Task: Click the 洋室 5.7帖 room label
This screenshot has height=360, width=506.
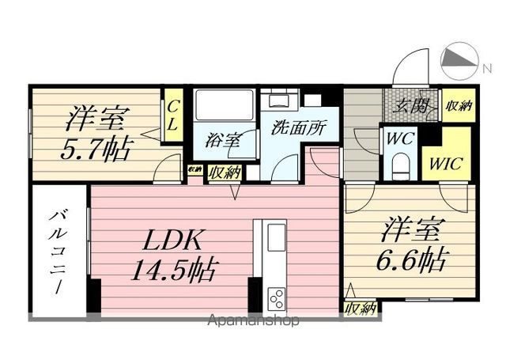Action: coord(96,133)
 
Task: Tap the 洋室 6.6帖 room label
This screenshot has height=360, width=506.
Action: coord(410,244)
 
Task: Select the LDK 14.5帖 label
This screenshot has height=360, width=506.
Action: coord(172,256)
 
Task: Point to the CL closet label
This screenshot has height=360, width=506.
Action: coord(173,115)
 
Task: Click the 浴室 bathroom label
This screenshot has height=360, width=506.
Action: coord(222,140)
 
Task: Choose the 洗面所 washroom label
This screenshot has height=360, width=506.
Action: coord(299,127)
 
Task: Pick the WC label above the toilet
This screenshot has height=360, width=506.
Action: coord(400,138)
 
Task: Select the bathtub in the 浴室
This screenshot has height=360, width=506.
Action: coord(225,104)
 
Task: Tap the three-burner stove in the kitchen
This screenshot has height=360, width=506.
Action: coord(277,298)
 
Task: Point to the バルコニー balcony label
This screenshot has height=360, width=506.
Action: coord(58,252)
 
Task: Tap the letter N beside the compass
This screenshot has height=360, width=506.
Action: coord(487,69)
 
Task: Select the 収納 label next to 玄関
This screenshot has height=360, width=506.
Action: coord(459,105)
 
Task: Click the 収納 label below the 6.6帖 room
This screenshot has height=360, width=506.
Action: coord(361,309)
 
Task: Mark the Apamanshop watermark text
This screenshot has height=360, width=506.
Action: coord(254,320)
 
